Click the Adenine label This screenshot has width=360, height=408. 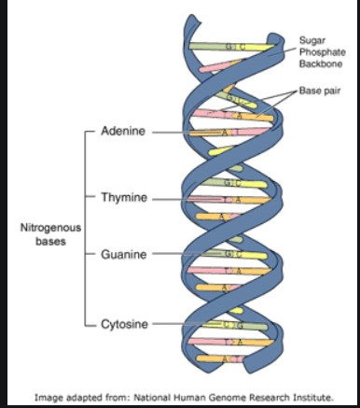128,134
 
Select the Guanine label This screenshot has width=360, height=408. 128,254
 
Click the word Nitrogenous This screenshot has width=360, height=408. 52,227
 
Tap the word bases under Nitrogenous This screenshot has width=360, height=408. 52,240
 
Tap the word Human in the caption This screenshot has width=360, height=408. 185,396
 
